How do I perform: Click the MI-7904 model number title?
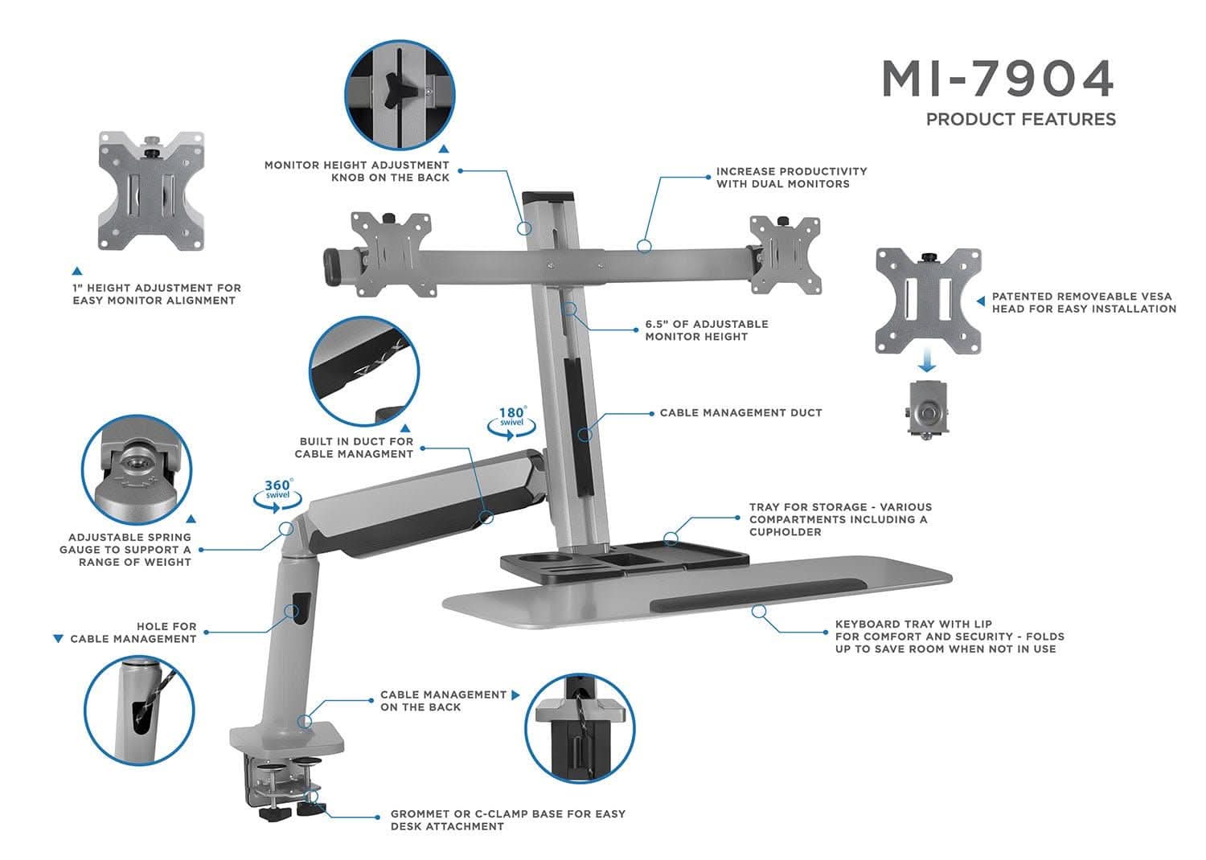(998, 78)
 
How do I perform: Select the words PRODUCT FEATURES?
(1020, 120)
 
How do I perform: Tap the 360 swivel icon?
(278, 491)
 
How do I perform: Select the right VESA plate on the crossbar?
(784, 254)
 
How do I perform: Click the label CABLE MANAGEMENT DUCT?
(740, 413)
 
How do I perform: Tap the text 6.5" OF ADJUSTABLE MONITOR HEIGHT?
(706, 330)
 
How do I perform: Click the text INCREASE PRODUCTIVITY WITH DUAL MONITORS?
(791, 178)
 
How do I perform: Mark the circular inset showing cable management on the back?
(579, 728)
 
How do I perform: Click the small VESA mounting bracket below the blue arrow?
(928, 409)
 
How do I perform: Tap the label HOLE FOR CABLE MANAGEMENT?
(133, 633)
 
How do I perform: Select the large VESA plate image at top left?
(151, 191)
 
